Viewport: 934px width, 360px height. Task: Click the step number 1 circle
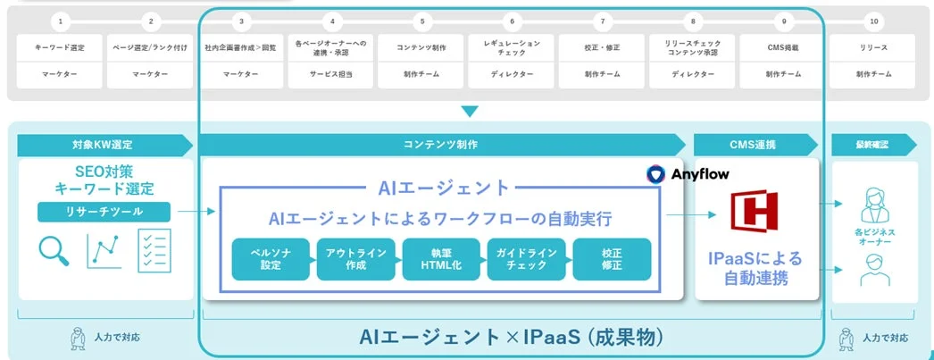click(60, 20)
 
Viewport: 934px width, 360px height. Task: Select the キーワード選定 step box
click(60, 46)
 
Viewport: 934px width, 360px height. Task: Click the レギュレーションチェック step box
click(512, 46)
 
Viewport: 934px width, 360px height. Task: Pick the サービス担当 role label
click(331, 75)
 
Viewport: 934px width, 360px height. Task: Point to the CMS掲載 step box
click(782, 46)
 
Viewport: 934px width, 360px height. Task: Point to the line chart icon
click(104, 251)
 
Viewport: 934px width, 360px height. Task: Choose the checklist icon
click(154, 251)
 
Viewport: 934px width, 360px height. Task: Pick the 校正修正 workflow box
click(613, 259)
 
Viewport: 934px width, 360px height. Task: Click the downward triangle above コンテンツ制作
click(470, 112)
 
